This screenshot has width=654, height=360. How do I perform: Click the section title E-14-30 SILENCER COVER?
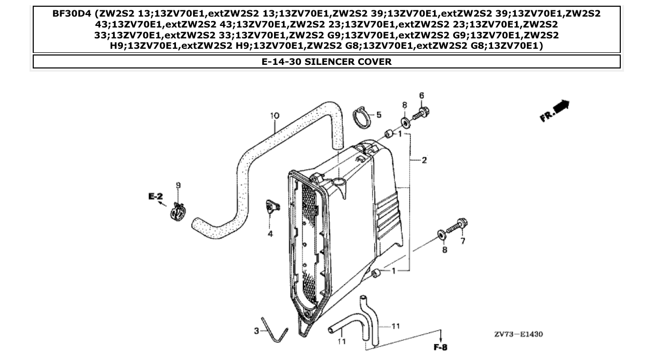click(x=326, y=62)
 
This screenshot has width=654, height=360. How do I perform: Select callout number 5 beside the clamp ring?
click(x=378, y=114)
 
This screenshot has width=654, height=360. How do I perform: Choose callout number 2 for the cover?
click(x=424, y=160)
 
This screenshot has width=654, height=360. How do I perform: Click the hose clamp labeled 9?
click(x=178, y=212)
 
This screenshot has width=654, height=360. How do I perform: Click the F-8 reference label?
click(x=440, y=347)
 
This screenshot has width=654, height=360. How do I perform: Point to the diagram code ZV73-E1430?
click(x=518, y=335)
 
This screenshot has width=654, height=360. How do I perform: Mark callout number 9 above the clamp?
click(x=178, y=185)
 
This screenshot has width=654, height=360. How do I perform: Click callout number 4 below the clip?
click(x=270, y=234)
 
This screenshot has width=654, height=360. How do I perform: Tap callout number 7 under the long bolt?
click(x=463, y=241)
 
